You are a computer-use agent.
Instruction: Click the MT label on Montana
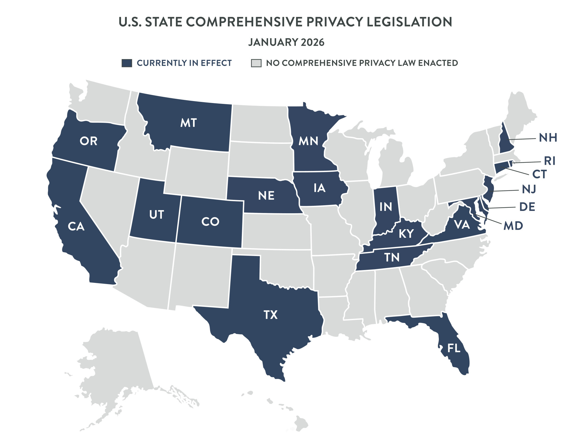[x=188, y=123]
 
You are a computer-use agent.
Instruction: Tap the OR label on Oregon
[x=89, y=141]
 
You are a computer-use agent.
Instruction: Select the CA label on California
[x=76, y=226]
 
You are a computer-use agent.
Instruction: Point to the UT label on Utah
[x=156, y=215]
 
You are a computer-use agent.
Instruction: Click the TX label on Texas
[x=270, y=315]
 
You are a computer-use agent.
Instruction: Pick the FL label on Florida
[x=454, y=348]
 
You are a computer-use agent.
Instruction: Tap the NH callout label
[x=548, y=138]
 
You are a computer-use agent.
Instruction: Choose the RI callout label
[x=550, y=161]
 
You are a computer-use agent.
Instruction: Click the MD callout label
[x=513, y=226]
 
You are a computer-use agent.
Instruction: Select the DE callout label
[x=527, y=207]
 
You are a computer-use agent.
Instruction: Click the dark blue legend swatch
[x=127, y=63]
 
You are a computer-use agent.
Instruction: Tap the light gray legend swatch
[x=256, y=63]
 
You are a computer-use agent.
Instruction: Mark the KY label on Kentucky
[x=406, y=234]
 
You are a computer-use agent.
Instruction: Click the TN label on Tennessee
[x=392, y=257]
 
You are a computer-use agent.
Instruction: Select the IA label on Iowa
[x=319, y=188]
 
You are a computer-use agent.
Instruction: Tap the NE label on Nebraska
[x=266, y=196]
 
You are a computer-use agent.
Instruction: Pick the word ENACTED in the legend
[x=438, y=63]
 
